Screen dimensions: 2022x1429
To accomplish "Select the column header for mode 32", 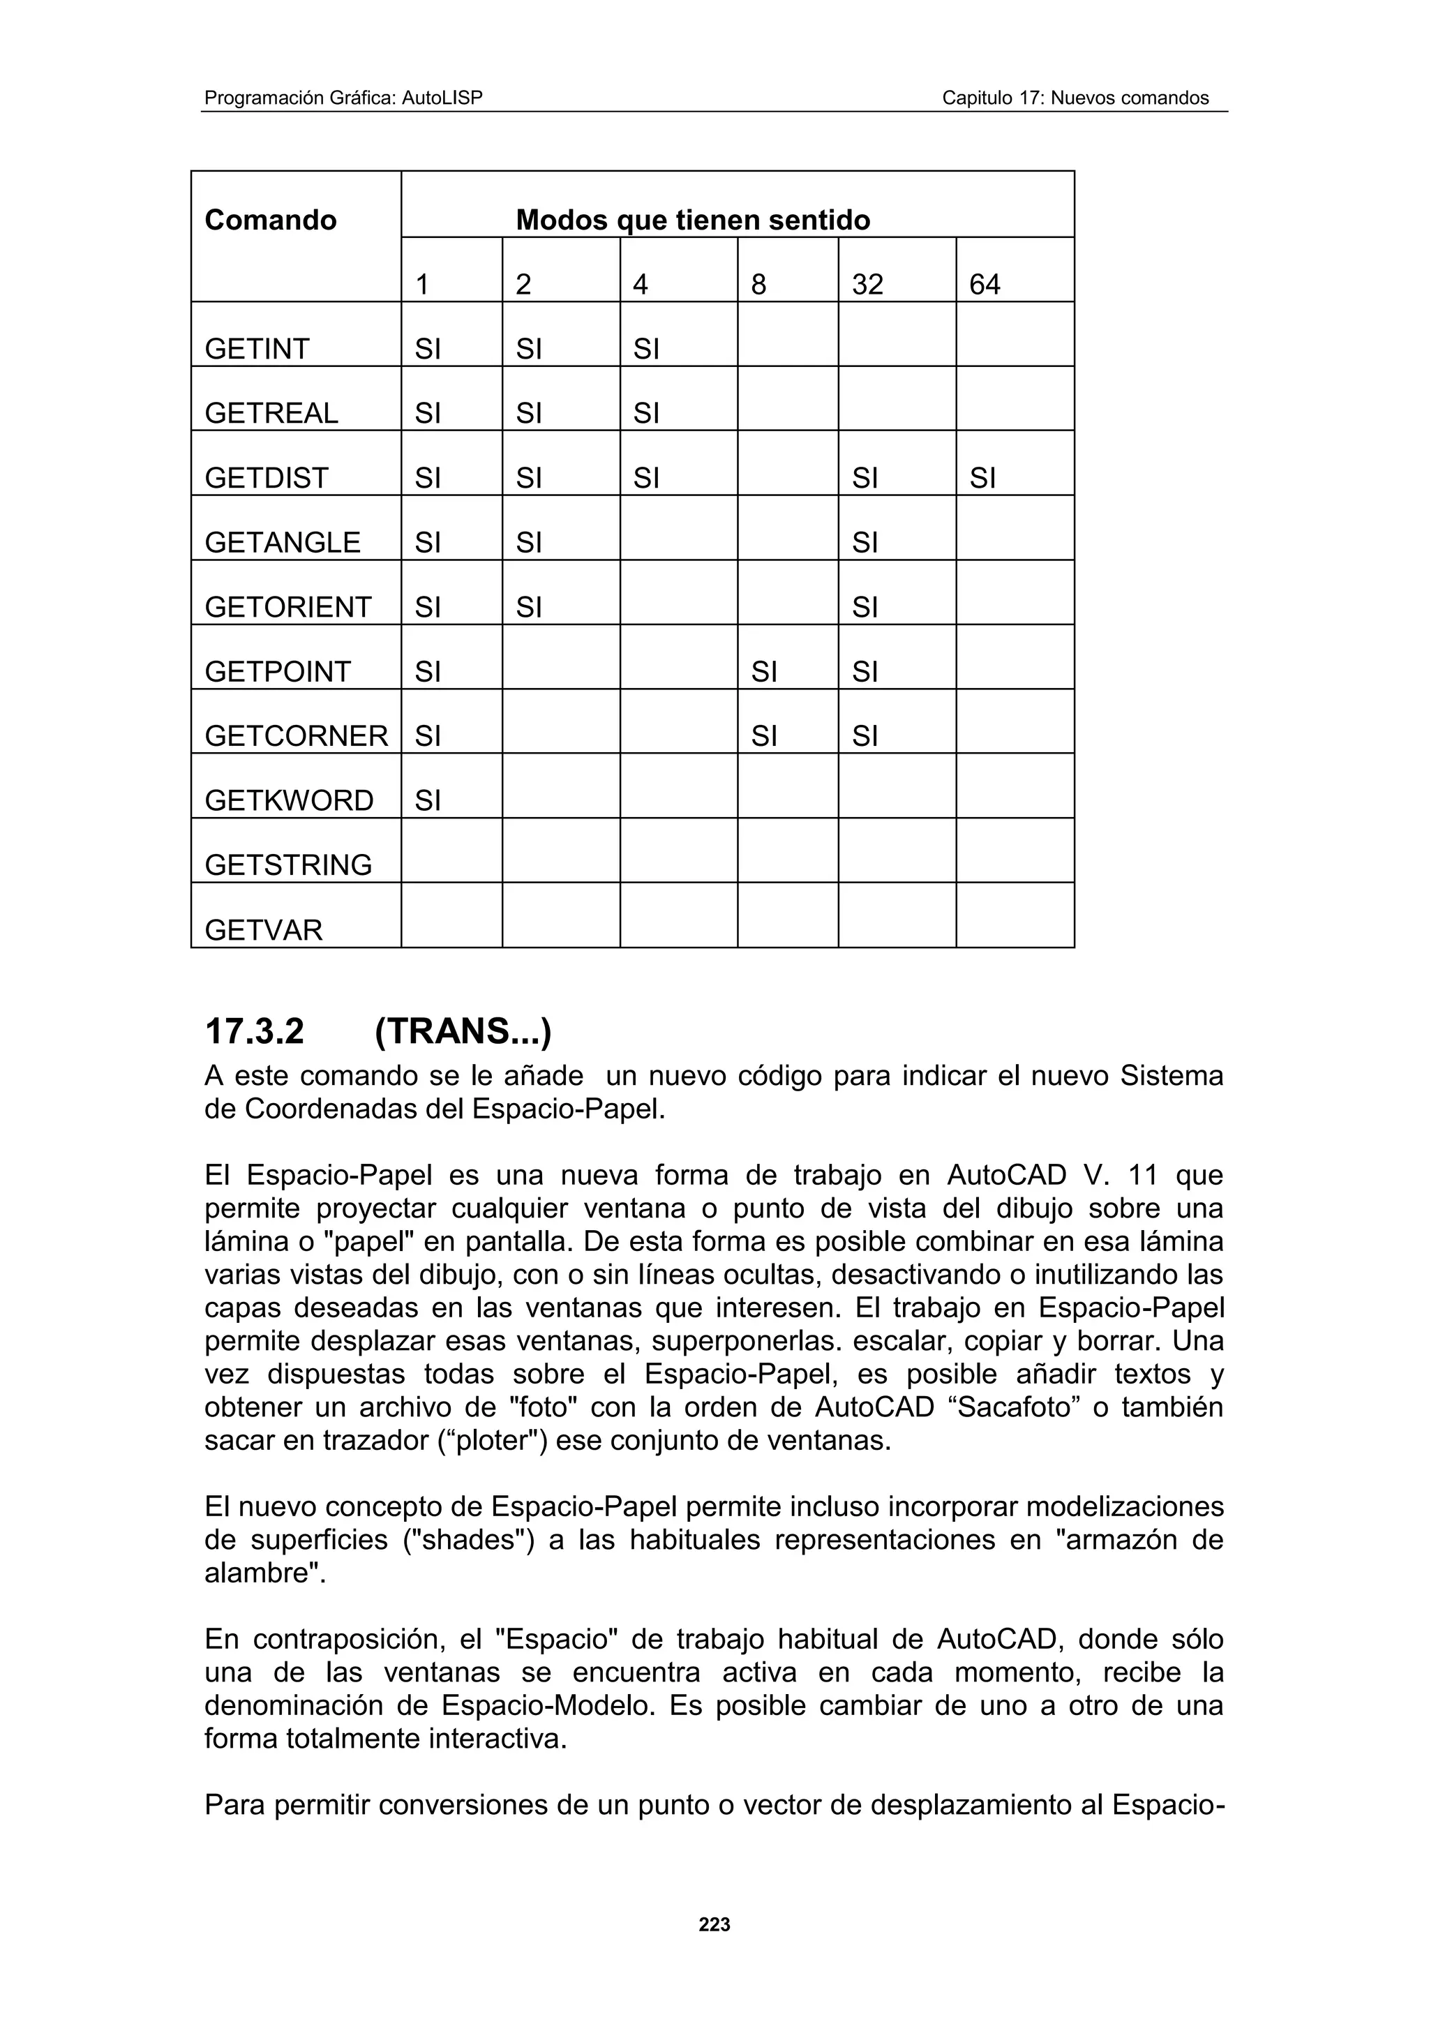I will pos(867,285).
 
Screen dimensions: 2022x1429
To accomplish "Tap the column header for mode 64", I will pos(985,285).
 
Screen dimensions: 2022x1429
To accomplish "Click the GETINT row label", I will pos(257,349).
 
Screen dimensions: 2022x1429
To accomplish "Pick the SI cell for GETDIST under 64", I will pos(982,478).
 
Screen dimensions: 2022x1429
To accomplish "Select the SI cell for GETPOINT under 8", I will pos(764,672).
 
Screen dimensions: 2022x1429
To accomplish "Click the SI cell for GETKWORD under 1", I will pos(428,800).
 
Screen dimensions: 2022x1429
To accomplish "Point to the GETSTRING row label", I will pos(288,864).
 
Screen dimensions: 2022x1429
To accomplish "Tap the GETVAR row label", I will pos(263,930).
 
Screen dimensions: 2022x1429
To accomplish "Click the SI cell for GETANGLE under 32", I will pos(865,543).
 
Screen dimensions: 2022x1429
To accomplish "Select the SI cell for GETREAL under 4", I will pos(646,413).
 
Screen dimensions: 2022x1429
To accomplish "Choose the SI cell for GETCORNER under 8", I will pos(764,736).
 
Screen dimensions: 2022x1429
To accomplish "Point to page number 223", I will pos(714,1925).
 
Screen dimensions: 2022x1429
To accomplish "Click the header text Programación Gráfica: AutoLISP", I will pos(343,98).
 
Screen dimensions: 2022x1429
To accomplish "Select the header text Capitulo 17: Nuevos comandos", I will pos(1075,98).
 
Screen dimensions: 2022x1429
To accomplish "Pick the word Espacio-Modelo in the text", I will pos(548,1706).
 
